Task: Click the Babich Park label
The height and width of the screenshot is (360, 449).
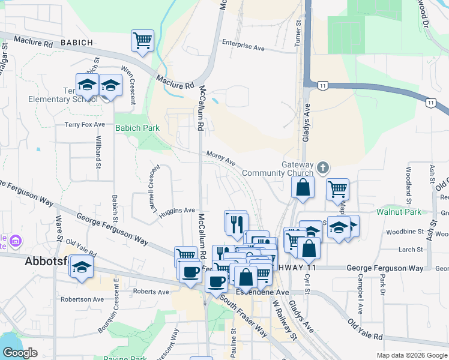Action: pyautogui.click(x=137, y=128)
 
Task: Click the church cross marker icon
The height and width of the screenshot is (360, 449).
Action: pyautogui.click(x=323, y=167)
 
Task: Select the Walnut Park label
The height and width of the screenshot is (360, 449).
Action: pyautogui.click(x=398, y=212)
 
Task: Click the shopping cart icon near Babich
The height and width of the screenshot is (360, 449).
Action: pyautogui.click(x=143, y=41)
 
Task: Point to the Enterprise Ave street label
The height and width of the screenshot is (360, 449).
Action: pyautogui.click(x=243, y=43)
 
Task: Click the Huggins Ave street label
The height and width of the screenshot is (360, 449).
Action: pyautogui.click(x=178, y=211)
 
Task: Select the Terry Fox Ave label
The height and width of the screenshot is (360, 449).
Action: pyautogui.click(x=85, y=125)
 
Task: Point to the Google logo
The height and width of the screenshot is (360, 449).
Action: pyautogui.click(x=20, y=353)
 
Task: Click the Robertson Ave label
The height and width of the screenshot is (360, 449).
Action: pyautogui.click(x=82, y=299)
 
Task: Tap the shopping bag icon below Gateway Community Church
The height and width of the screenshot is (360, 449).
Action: pyautogui.click(x=303, y=187)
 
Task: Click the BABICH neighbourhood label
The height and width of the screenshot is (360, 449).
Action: pyautogui.click(x=77, y=43)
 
